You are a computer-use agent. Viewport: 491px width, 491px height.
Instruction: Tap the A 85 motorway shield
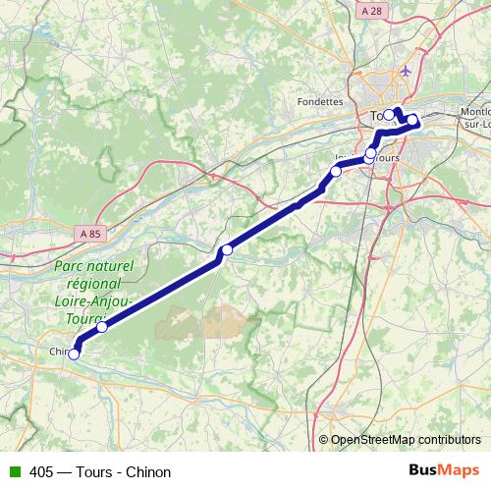pos(88,234)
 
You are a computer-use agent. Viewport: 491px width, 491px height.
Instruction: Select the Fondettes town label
pos(320,100)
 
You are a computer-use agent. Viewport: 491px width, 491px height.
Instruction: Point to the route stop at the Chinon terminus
pos(74,355)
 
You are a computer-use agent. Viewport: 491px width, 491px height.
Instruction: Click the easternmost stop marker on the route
pos(413,121)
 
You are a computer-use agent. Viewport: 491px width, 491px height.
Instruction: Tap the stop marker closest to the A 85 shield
pos(102,327)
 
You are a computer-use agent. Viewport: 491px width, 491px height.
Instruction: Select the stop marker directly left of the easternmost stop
pos(389,115)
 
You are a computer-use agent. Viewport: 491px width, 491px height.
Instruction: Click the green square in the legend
pos(13,471)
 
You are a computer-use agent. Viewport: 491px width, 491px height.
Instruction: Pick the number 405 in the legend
pos(42,471)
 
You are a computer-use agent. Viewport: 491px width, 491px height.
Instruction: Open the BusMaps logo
pos(444,470)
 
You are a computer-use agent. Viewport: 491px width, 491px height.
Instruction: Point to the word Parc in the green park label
pos(69,266)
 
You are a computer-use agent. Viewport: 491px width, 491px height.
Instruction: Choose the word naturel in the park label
pos(109,266)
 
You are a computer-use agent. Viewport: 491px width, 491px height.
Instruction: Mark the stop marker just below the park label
pos(102,327)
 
